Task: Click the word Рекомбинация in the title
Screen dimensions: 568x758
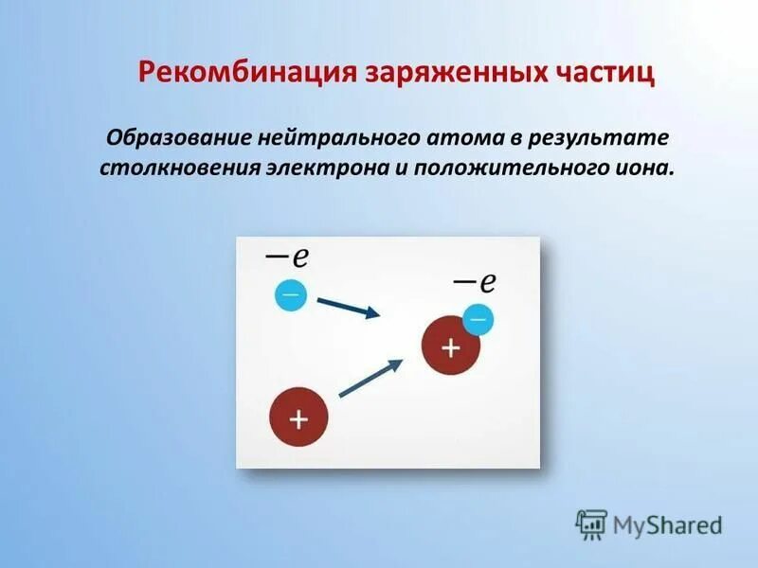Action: (x=247, y=74)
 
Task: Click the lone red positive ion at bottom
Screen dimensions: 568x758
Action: (x=298, y=417)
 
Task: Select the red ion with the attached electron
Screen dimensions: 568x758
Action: (x=449, y=348)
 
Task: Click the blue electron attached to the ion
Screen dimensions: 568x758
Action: (x=478, y=319)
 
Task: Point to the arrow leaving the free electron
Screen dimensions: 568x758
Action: (x=348, y=308)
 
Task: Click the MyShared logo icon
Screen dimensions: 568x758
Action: (x=591, y=524)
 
